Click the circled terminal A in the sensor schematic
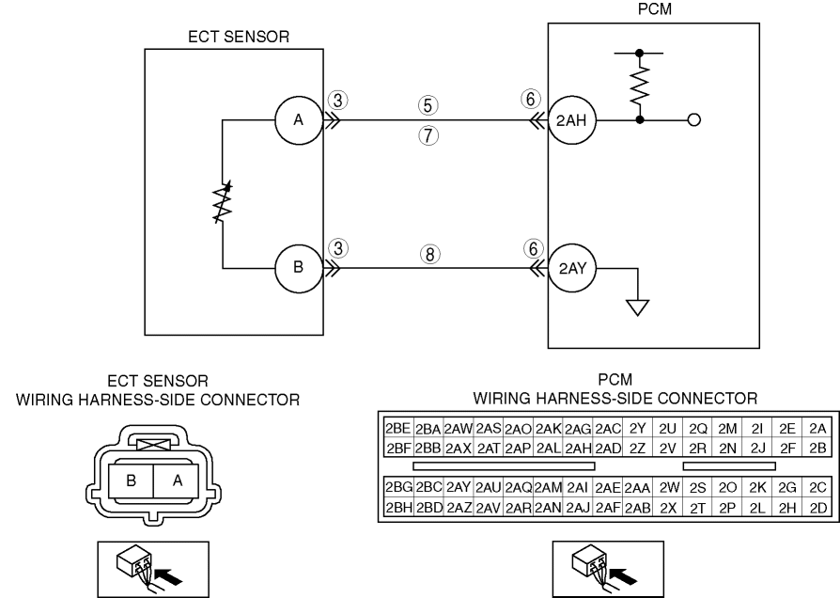[298, 119]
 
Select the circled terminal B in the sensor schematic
[298, 266]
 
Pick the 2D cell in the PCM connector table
[817, 509]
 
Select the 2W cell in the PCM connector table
[668, 489]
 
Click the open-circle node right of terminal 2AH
[694, 119]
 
